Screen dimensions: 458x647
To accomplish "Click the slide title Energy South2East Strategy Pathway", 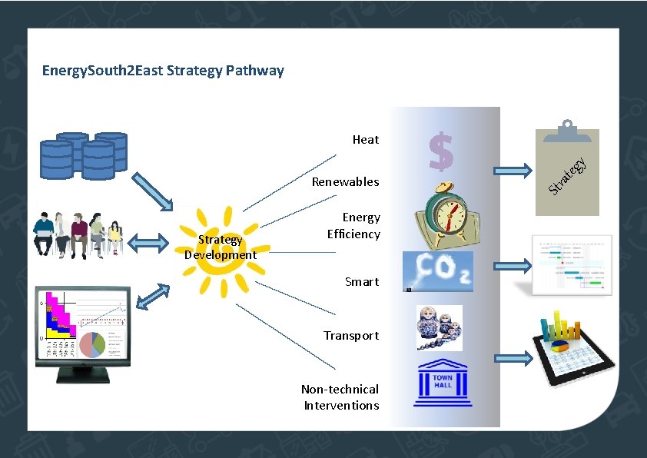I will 163,71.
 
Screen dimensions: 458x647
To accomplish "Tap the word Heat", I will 366,139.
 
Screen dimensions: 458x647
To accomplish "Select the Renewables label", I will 345,182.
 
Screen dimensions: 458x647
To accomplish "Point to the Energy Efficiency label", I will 353,226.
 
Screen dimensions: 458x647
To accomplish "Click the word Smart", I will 362,282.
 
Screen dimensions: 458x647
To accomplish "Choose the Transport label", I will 351,336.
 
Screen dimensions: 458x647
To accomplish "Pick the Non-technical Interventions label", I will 340,397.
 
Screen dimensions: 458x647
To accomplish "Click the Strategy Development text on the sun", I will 220,247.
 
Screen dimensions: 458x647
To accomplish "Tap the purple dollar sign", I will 441,151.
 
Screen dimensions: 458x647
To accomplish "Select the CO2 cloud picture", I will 438,271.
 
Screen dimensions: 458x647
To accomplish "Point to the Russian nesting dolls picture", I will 439,327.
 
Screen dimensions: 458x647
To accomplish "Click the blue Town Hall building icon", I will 443,384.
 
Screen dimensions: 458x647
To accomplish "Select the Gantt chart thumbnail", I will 572,265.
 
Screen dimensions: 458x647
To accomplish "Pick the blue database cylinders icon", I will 84,155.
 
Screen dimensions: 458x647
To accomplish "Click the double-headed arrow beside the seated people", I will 148,244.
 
